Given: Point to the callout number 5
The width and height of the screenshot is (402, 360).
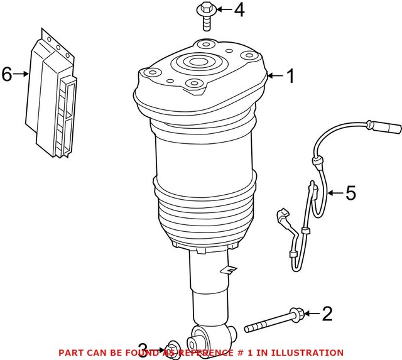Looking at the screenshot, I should [x=350, y=193].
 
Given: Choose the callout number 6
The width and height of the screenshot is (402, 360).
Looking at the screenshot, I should [x=7, y=75].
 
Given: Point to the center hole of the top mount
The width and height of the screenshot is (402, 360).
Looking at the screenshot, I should [x=198, y=64].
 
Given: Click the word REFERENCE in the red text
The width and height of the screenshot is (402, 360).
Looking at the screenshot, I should [x=212, y=353].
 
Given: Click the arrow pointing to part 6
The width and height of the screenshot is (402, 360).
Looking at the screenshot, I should [x=22, y=75].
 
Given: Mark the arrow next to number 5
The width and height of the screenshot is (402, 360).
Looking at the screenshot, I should [x=334, y=193].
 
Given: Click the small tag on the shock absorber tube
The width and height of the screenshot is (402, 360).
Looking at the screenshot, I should [x=229, y=271].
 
